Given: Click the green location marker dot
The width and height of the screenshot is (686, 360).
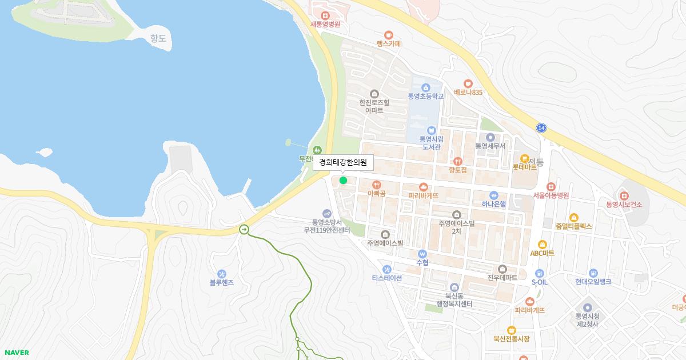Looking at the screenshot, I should [x=343, y=181].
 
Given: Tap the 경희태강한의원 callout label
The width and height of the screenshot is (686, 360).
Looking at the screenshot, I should [x=343, y=162].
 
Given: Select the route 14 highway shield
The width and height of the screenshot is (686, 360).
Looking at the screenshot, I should [x=541, y=128].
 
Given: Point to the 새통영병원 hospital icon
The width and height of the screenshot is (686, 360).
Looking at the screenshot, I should [x=325, y=15].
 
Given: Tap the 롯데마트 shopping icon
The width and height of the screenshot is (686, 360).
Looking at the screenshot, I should [x=524, y=158].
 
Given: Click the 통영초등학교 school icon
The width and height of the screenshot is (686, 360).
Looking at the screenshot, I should [x=425, y=87].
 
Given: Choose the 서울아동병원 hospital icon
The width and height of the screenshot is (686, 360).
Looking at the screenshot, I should [x=551, y=186].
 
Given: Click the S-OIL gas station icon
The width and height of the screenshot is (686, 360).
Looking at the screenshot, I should [x=539, y=273].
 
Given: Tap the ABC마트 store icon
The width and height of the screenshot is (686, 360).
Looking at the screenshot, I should [x=542, y=245].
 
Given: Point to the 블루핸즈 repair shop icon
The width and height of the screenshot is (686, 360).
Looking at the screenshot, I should [x=222, y=274].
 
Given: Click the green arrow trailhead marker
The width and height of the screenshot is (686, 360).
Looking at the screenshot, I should [x=244, y=230].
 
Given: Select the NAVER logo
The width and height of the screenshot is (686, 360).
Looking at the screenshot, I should [x=17, y=353].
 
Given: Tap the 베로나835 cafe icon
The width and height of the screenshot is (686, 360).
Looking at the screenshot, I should [x=468, y=83].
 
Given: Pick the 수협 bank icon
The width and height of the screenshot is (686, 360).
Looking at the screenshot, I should [x=422, y=254].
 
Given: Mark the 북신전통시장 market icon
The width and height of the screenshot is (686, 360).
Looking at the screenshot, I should [x=511, y=330].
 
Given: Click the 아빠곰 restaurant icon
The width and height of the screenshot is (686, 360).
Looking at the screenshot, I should [x=376, y=185].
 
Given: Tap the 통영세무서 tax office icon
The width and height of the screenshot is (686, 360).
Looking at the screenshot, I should [x=490, y=137].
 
